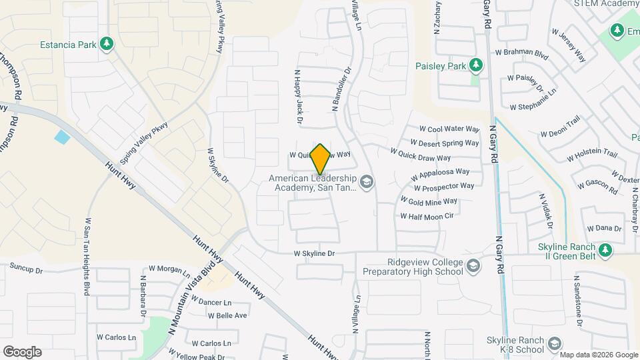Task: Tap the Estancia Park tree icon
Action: coord(107,44)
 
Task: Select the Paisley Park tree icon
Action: coord(475,65)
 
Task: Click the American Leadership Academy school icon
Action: coord(366,181)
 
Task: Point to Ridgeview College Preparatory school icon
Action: coord(473,266)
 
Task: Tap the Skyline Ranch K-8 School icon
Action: coord(554,345)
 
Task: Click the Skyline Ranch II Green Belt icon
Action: coord(605,250)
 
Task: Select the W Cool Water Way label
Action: coord(449,129)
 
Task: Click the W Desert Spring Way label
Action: coord(445,143)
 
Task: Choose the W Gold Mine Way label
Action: coord(429,201)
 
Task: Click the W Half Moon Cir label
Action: coord(427,216)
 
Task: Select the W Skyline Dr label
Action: coord(313,254)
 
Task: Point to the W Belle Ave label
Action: coord(227,315)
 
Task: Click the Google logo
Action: coord(22,351)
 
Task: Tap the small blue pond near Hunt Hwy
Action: coord(62,138)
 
